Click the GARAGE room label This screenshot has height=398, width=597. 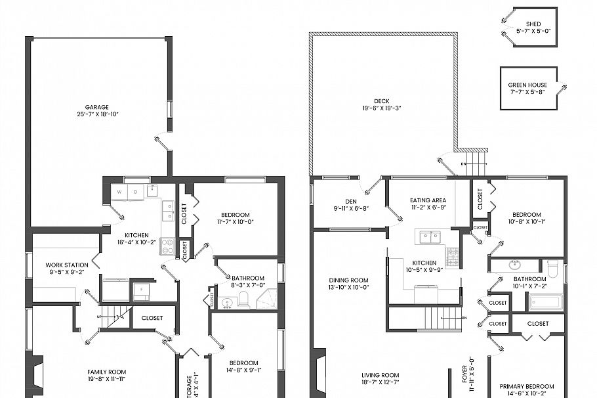(96, 107)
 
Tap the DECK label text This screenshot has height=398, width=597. (382, 101)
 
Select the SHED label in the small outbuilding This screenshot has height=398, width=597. (533, 24)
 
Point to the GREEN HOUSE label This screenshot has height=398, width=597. (529, 85)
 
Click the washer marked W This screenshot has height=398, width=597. (120, 192)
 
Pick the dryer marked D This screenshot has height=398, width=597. (136, 192)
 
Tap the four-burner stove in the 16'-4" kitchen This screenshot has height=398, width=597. (167, 246)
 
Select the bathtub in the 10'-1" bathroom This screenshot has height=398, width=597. (545, 303)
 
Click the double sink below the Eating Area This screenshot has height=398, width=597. (430, 236)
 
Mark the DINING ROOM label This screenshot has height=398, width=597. (348, 280)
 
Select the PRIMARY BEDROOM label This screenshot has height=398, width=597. (526, 386)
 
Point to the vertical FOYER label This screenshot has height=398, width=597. (464, 375)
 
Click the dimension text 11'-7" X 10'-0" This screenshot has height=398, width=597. (235, 222)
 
